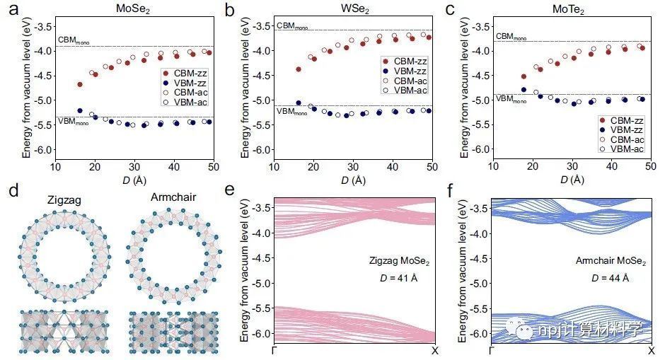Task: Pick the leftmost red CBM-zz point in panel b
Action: pos(299,69)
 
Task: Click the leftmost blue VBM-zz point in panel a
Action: pos(80,110)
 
